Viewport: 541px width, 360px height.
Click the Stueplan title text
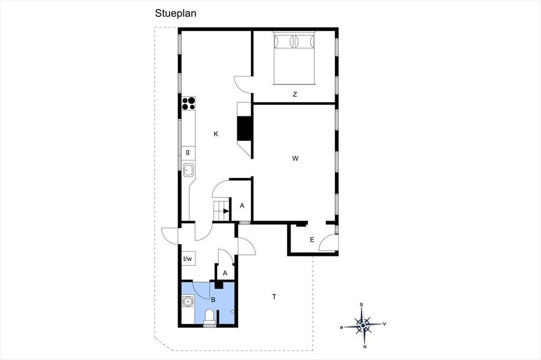tap(175, 13)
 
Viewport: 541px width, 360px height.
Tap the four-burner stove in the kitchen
tap(189, 103)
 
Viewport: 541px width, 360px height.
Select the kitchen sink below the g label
tap(189, 169)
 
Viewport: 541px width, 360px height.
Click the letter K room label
tap(216, 134)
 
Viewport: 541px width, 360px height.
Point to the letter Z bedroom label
tap(295, 94)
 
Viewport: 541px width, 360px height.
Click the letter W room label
tap(295, 158)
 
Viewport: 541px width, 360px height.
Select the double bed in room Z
tap(294, 58)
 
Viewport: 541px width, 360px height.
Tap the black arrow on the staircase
tap(226, 211)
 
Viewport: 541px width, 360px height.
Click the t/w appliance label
tap(188, 259)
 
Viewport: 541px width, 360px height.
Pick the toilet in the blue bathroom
tap(209, 318)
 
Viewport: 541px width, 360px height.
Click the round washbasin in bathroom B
tap(188, 302)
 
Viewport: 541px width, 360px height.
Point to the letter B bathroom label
tap(213, 300)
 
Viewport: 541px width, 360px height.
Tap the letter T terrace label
tap(274, 297)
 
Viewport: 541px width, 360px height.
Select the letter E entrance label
tap(312, 240)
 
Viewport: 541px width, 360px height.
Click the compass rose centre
tap(363, 325)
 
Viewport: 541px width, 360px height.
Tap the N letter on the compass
tap(365, 347)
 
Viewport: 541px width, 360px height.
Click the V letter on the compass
tap(385, 324)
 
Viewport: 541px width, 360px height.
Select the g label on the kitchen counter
tap(188, 151)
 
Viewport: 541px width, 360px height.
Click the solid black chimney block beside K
tap(245, 129)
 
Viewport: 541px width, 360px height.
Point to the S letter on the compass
tap(361, 305)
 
